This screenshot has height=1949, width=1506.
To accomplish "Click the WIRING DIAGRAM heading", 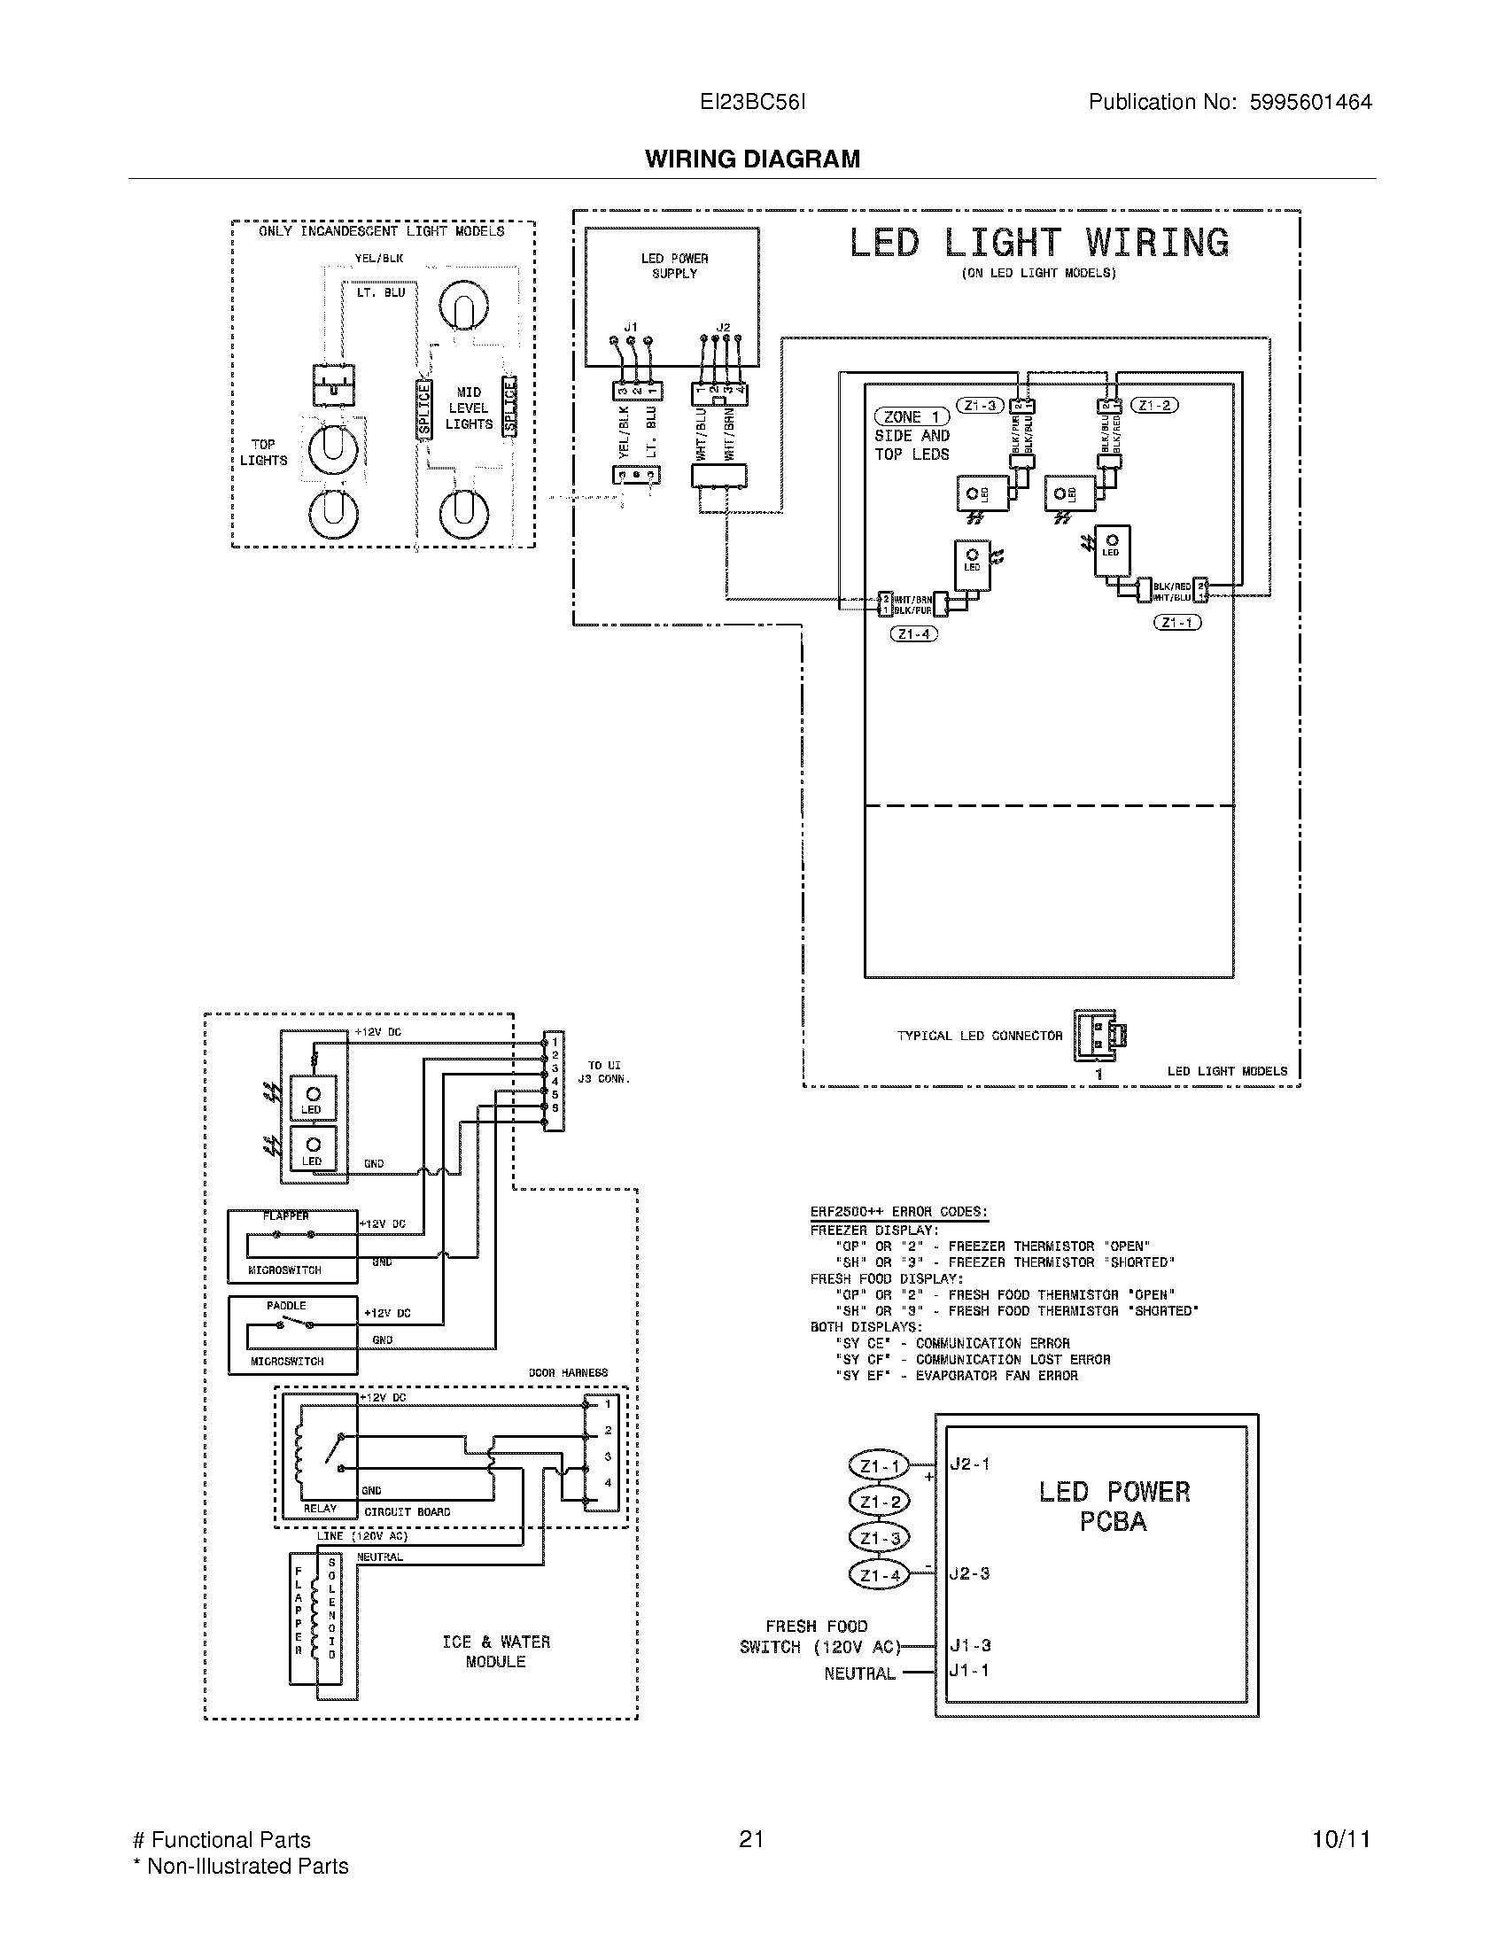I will pos(752,159).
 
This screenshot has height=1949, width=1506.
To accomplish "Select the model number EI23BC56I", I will pos(752,103).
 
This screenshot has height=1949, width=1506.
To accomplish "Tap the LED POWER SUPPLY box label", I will pos(674,266).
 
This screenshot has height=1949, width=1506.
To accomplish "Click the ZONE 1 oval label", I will pos(911,416).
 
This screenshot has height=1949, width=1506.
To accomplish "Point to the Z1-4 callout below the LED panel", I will pos(913,634).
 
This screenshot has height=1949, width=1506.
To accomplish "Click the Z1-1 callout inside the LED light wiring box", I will pos(1176,623).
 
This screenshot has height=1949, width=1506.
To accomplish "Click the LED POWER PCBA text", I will pos(1114,1506).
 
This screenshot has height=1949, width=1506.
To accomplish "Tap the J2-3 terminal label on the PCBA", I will pos(970,1573).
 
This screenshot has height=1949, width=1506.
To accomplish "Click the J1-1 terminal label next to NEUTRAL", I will pos(970,1670).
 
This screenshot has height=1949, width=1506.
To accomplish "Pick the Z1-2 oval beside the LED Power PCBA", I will pos(880,1502).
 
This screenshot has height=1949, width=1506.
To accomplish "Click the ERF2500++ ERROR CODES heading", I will pos(898,1212).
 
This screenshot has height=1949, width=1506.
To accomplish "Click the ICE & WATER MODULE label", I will pos(496,1652).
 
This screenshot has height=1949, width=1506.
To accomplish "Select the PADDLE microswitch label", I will pos(286,1306).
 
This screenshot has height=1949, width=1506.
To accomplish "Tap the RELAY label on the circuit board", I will pos(320,1509).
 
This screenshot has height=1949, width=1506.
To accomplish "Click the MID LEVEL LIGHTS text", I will pos(469,408).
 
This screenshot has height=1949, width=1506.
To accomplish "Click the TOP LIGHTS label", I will pos(263,453).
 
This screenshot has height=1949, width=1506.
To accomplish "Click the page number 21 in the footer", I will pos(751,1839).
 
